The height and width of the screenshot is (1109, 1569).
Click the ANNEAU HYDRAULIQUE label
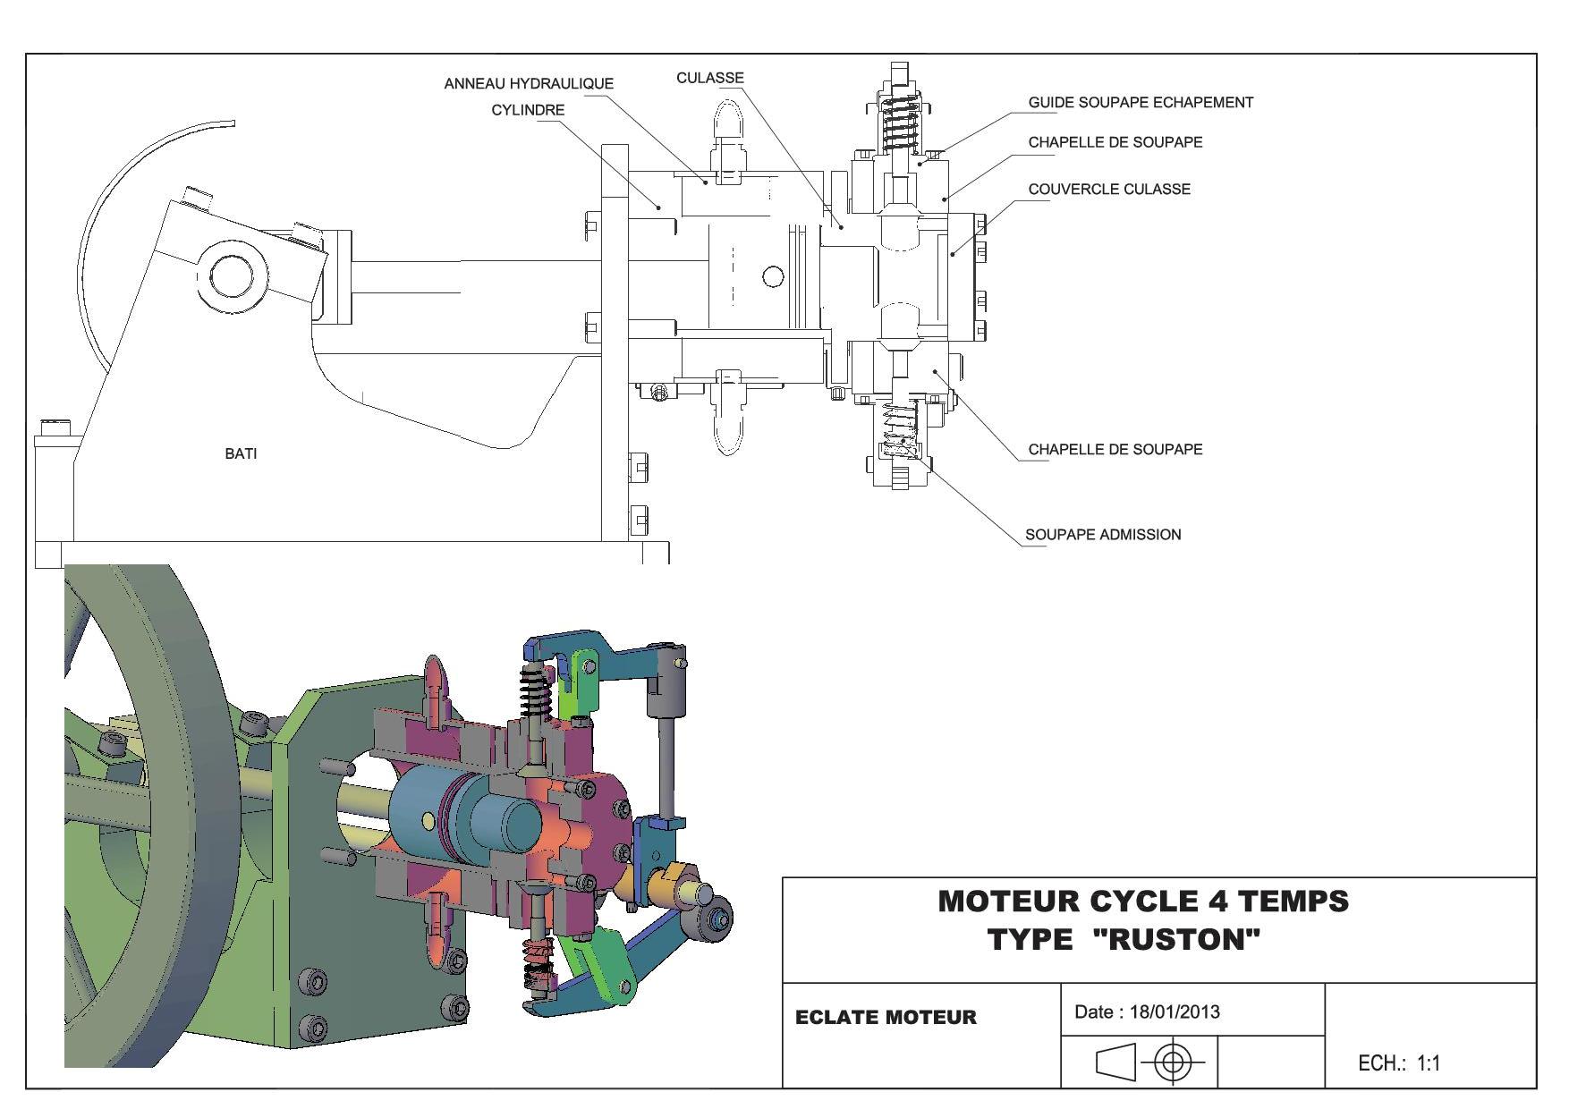(x=529, y=84)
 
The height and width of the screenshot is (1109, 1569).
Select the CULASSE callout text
(x=709, y=78)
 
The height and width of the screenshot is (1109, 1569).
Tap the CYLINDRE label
(x=528, y=110)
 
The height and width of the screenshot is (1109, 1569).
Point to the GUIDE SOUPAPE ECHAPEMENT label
(x=1140, y=103)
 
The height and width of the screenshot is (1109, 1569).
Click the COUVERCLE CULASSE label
(x=1108, y=190)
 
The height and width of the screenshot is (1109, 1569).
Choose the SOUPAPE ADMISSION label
(x=1102, y=535)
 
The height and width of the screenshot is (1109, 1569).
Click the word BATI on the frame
(x=241, y=454)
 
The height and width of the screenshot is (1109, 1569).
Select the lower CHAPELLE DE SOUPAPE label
(x=1115, y=450)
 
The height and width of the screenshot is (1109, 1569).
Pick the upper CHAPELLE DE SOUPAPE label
(x=1115, y=142)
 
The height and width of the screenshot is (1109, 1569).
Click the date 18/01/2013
(x=1174, y=1012)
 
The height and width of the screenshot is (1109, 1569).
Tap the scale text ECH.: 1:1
(x=1399, y=1063)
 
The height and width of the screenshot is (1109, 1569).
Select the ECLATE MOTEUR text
(x=886, y=1018)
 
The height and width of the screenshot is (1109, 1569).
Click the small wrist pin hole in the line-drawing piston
(x=773, y=276)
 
